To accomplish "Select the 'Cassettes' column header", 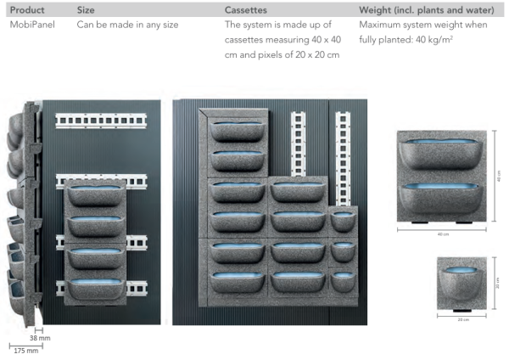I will tap(248, 9).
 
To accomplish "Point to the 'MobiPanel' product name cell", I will tap(32, 25).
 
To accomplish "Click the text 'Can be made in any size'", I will tap(127, 25).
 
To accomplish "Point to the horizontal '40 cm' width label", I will tap(443, 233).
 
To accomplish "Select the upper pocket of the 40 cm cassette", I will tap(443, 150).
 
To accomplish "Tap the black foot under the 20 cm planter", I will tap(462, 312).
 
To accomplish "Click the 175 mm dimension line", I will tap(25, 343).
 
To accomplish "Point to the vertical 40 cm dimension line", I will tap(492, 178).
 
